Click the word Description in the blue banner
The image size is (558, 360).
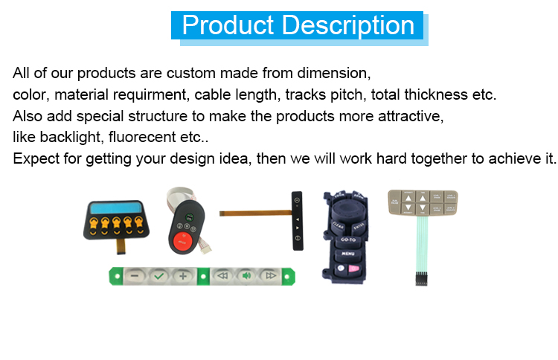click(x=348, y=25)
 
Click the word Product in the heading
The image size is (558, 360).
click(x=228, y=25)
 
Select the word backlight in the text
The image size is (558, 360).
click(x=70, y=137)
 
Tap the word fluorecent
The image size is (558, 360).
click(x=142, y=137)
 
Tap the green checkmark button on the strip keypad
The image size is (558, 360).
click(x=158, y=276)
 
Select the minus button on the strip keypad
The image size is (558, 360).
click(x=135, y=276)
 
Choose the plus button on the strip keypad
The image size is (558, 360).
click(x=183, y=276)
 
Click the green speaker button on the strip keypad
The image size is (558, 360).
click(x=246, y=276)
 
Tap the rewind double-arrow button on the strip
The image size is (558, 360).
click(x=222, y=276)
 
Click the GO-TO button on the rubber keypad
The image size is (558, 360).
click(x=348, y=240)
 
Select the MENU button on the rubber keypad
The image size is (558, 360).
click(x=347, y=254)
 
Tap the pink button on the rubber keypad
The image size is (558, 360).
click(x=353, y=269)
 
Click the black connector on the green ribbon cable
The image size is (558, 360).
click(x=421, y=278)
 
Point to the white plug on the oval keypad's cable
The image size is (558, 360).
click(x=206, y=249)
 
